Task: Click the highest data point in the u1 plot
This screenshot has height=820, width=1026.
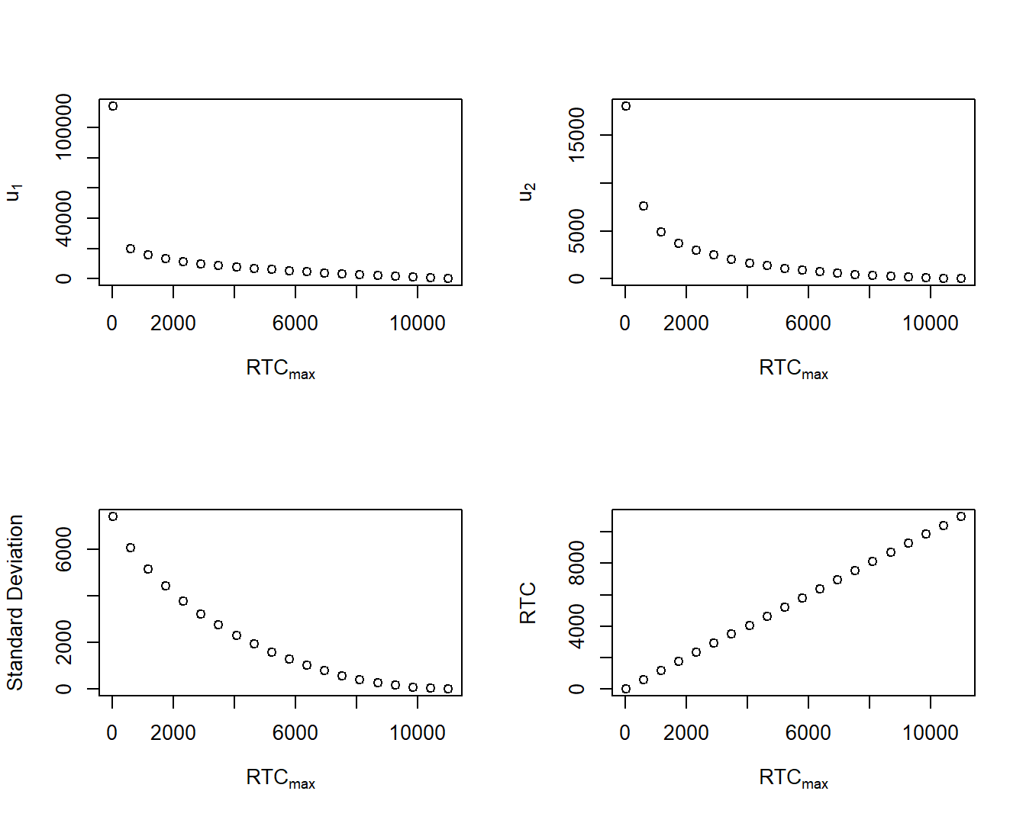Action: [x=113, y=106]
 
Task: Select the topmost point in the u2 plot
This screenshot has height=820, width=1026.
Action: [x=626, y=106]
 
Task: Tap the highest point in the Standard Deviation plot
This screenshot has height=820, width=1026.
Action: [x=113, y=516]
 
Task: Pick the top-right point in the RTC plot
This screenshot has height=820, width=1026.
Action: [x=961, y=516]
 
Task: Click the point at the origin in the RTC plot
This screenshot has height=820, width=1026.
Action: [x=626, y=689]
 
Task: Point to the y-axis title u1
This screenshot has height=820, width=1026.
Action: [x=14, y=191]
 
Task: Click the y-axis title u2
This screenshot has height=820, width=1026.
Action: [x=527, y=191]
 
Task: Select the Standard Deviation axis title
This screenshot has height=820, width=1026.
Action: [x=15, y=603]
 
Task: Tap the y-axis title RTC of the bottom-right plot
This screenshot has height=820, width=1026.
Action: [x=528, y=603]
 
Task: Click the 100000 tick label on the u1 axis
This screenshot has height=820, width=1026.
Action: [x=64, y=127]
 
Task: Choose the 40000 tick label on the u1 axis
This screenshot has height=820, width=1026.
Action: [x=64, y=218]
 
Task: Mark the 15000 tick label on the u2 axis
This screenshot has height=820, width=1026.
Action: [x=577, y=135]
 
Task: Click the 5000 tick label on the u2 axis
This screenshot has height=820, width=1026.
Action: [x=577, y=231]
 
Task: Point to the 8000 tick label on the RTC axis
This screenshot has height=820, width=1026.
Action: [x=577, y=563]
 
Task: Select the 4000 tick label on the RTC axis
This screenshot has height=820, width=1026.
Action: [x=577, y=626]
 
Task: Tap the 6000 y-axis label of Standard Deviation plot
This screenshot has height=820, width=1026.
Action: [x=64, y=549]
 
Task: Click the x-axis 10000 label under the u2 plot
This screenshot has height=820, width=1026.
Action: [x=930, y=323]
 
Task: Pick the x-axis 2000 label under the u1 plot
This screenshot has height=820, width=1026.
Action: [x=173, y=323]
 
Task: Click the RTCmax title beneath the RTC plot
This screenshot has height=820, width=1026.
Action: [x=793, y=778]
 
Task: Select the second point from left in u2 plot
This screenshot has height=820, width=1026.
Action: [x=644, y=206]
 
